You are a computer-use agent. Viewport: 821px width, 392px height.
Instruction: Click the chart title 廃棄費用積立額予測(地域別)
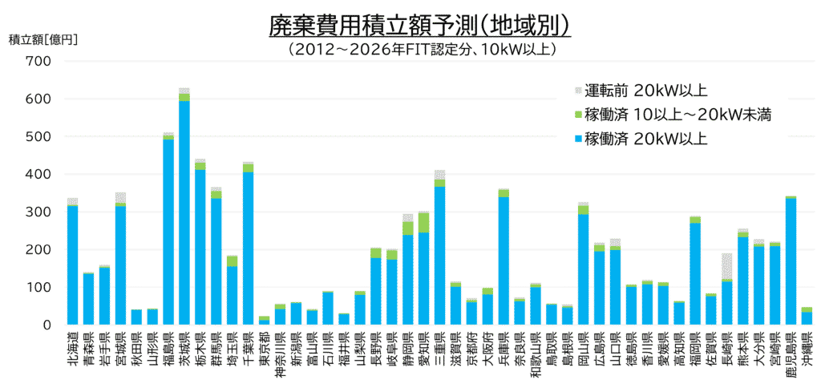pyautogui.click(x=419, y=26)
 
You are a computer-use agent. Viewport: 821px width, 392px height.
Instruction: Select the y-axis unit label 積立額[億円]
pyautogui.click(x=43, y=39)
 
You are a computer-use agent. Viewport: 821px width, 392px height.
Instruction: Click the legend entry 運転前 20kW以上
pyautogui.click(x=641, y=91)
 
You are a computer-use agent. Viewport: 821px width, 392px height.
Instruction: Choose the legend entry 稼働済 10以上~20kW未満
pyautogui.click(x=673, y=114)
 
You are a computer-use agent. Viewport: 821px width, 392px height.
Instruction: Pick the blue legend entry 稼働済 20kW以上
pyautogui.click(x=641, y=138)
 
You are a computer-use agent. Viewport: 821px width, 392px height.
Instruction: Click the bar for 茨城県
pyautogui.click(x=184, y=206)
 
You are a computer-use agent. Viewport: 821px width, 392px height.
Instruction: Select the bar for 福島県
pyautogui.click(x=168, y=228)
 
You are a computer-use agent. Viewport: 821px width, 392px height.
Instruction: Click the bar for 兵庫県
pyautogui.click(x=504, y=257)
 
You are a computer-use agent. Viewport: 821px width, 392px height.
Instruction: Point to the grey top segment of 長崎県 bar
pyautogui.click(x=726, y=266)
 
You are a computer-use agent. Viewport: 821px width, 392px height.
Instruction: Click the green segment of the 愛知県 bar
pyautogui.click(x=423, y=222)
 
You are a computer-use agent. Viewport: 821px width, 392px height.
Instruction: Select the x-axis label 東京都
pyautogui.click(x=265, y=345)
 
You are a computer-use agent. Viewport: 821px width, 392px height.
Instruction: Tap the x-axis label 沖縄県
pyautogui.click(x=807, y=345)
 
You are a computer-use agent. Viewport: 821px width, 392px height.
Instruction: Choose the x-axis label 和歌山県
pyautogui.click(x=536, y=350)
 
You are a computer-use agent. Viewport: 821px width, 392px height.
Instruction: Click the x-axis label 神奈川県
pyautogui.click(x=280, y=350)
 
